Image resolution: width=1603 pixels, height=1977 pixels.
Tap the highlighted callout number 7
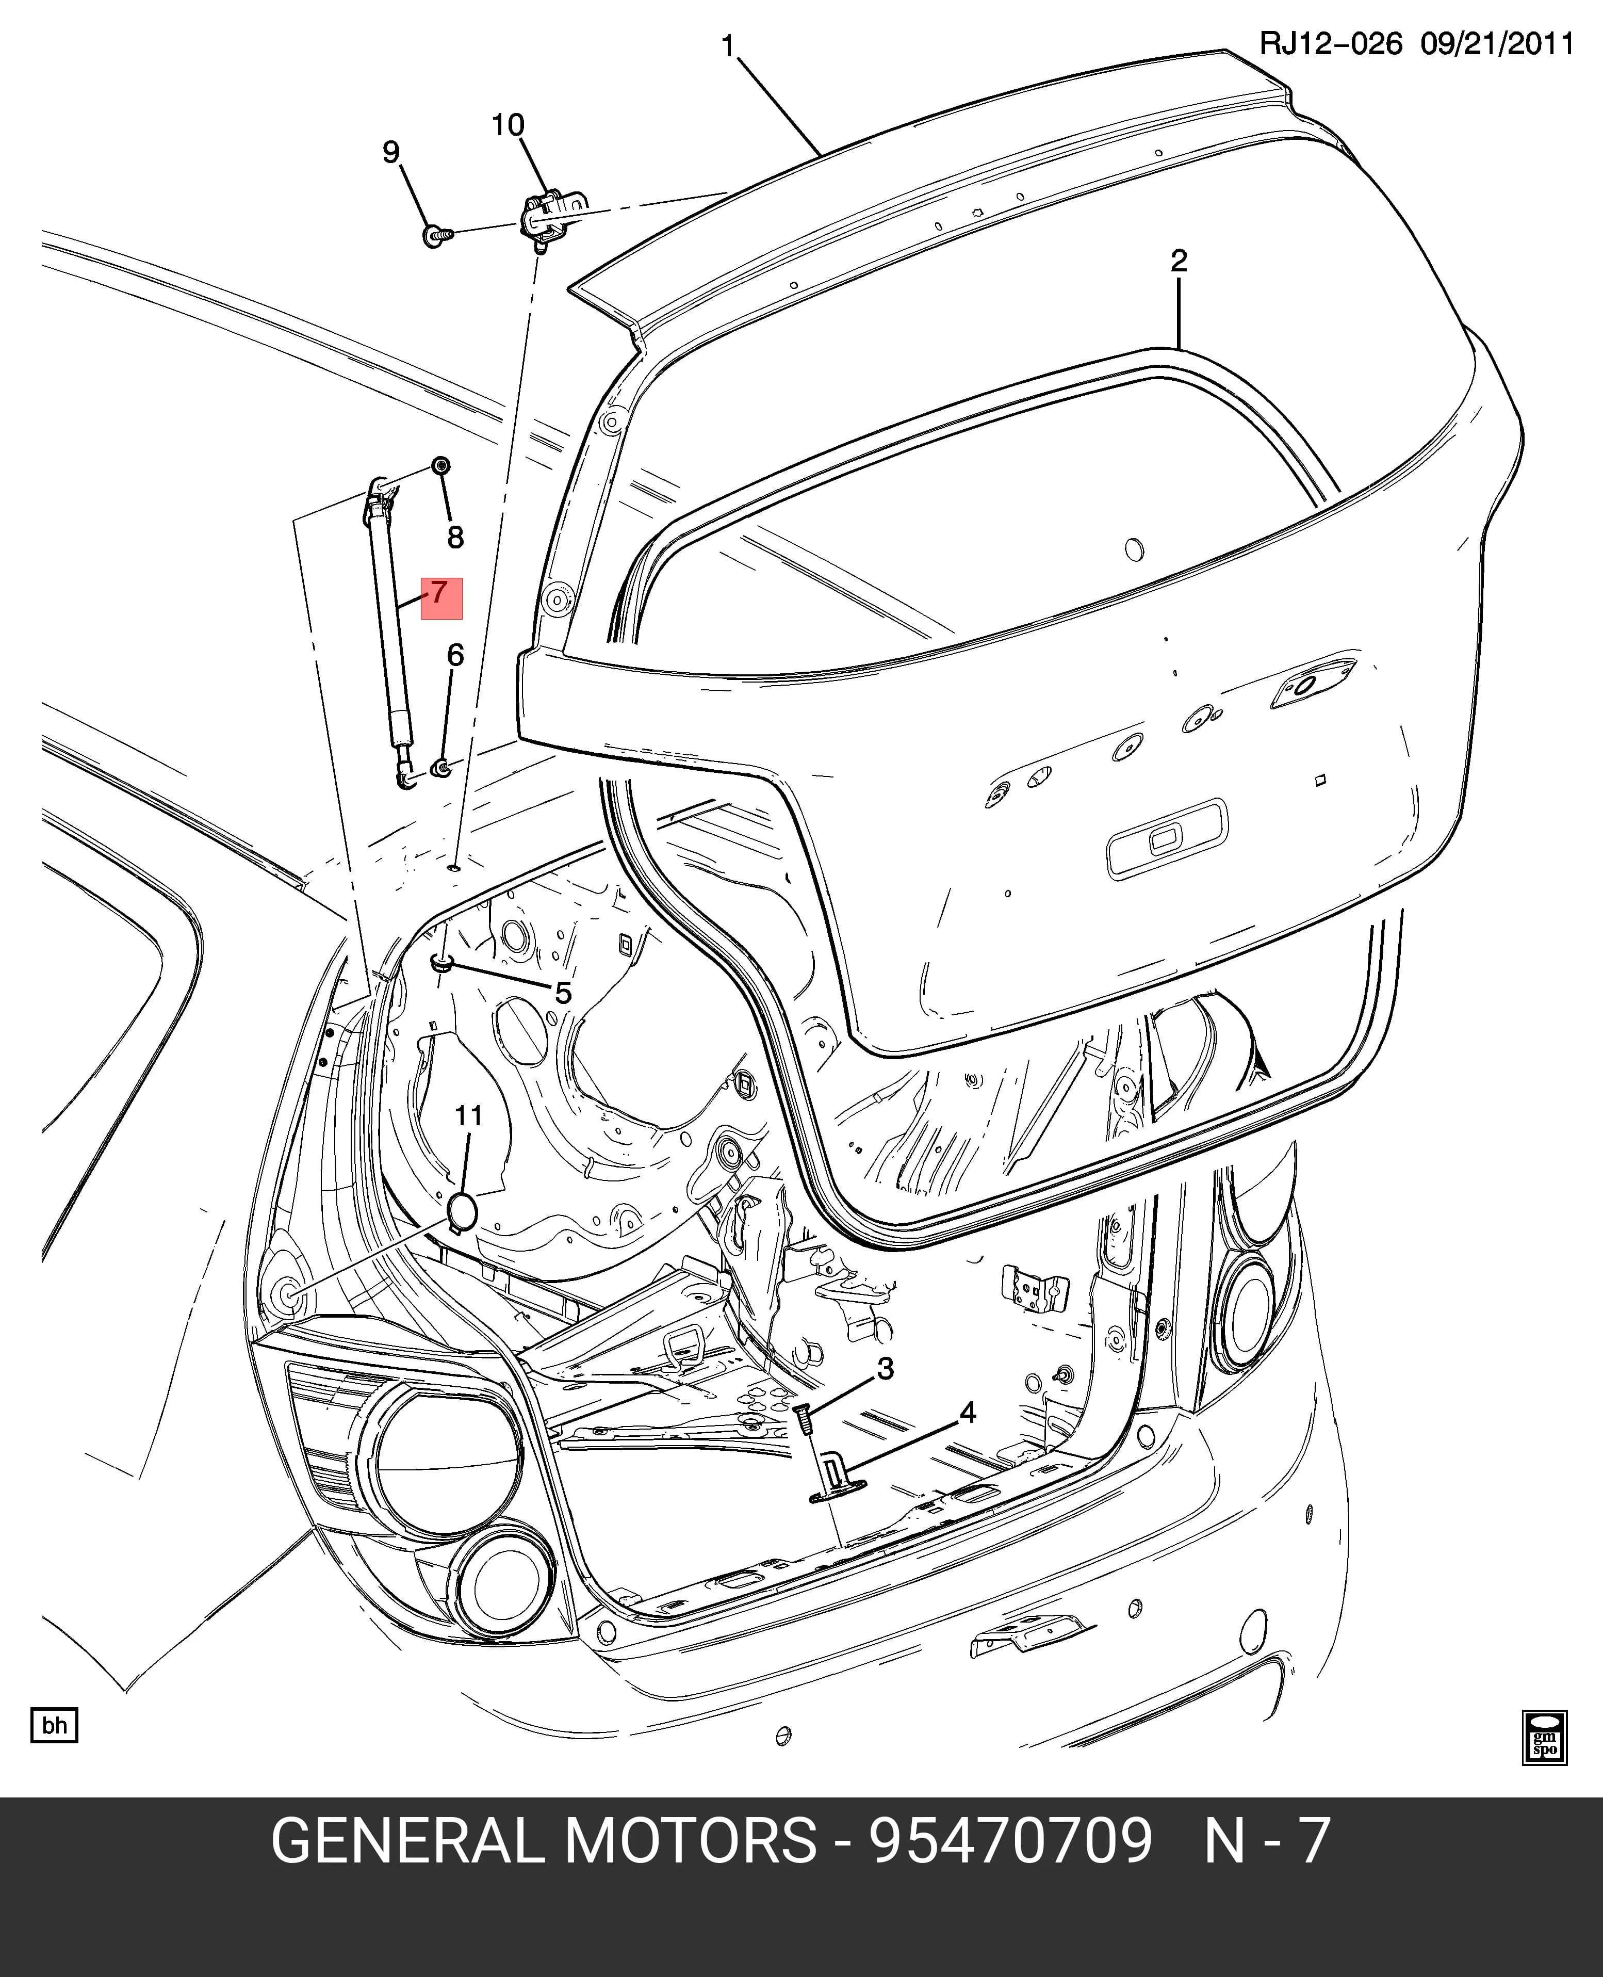click(439, 592)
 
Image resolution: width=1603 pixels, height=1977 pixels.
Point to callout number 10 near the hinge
click(508, 125)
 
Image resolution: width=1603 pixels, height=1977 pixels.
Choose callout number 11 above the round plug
click(469, 1116)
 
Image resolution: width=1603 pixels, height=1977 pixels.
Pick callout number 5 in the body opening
click(563, 994)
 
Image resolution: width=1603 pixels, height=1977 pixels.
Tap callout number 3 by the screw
click(886, 1369)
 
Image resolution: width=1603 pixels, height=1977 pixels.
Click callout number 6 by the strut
click(455, 656)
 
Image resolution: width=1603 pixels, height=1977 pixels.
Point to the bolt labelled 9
click(438, 235)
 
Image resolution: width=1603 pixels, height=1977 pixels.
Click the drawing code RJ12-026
click(1331, 44)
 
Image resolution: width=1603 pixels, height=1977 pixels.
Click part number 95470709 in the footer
click(1010, 1840)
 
